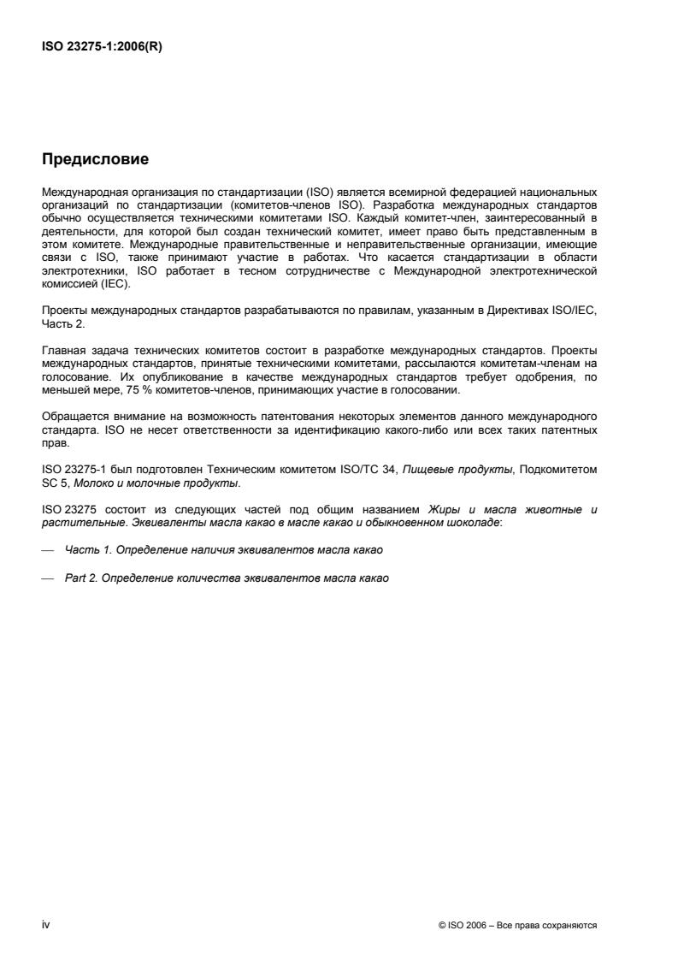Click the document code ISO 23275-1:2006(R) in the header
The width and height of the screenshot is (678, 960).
coord(102,47)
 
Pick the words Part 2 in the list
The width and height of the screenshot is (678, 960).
coord(80,578)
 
